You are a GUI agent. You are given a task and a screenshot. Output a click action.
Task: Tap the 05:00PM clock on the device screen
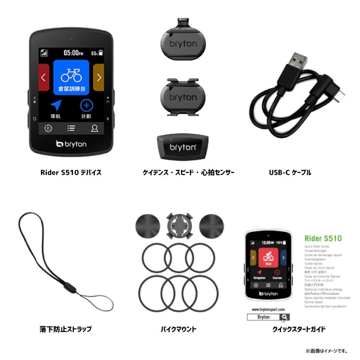click(x=72, y=52)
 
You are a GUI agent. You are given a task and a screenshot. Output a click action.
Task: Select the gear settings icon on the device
click(x=48, y=128)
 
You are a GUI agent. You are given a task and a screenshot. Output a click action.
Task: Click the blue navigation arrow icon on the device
click(x=56, y=106)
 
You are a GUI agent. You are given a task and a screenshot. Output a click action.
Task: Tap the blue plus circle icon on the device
click(x=87, y=106)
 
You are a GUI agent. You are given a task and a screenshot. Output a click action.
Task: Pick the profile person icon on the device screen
click(x=94, y=128)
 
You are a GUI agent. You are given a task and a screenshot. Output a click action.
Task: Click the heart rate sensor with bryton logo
click(x=183, y=146)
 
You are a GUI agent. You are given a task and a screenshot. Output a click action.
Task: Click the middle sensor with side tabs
click(x=183, y=97)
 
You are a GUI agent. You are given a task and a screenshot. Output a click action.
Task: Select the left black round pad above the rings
click(x=147, y=226)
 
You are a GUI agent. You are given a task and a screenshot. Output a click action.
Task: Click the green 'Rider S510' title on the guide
click(x=323, y=239)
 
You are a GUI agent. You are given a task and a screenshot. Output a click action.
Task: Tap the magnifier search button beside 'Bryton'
click(x=285, y=317)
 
